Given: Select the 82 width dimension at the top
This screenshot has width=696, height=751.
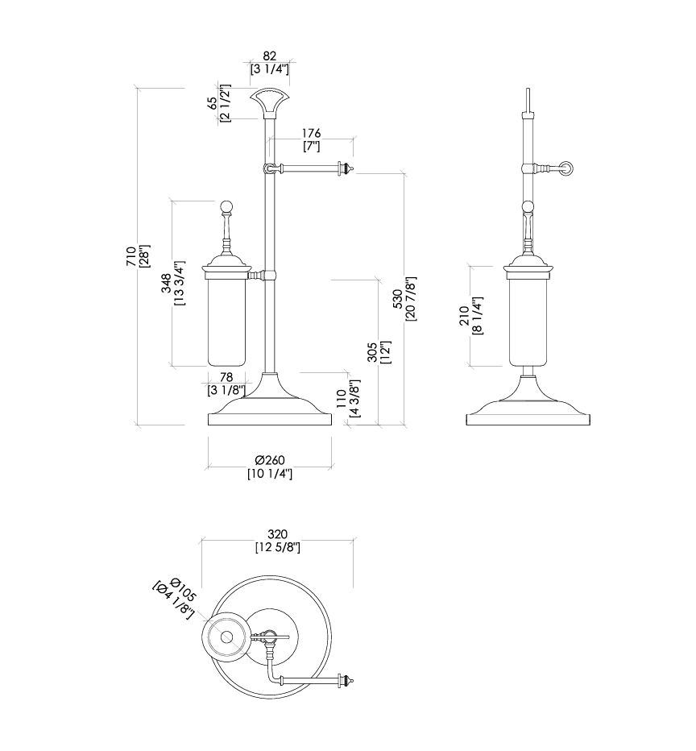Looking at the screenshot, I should point(270,56).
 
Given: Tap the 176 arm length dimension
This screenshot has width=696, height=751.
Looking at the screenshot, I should point(311,133).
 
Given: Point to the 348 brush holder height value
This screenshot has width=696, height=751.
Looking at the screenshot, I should point(166,284).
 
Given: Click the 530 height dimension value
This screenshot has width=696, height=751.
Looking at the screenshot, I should point(397,299).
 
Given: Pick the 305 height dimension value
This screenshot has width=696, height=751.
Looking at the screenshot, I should point(372,353).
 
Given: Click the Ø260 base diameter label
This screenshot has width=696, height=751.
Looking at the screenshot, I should point(269,460).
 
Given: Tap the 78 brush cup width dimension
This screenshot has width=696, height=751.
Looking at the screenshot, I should point(226,377).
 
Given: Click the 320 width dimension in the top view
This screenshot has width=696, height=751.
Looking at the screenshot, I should point(277,534).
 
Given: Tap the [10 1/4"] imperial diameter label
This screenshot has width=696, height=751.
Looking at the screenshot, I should point(269,474).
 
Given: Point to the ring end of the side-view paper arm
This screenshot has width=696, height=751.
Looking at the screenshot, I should point(569,168).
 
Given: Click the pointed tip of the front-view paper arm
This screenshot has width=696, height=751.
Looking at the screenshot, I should point(350,168).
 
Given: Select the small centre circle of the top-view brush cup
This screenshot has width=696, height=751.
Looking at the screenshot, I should point(226,637).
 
